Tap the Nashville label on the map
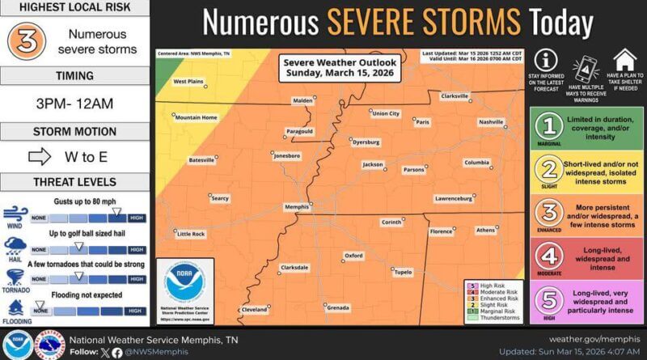490,121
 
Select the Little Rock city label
191,234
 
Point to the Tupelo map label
402,273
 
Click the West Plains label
188,82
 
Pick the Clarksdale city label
294,267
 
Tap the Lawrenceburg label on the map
453,198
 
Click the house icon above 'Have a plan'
623,61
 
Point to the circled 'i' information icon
546,61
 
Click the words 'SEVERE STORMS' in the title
424,22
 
